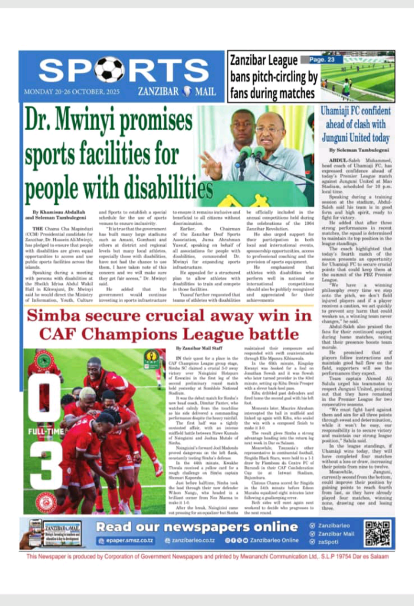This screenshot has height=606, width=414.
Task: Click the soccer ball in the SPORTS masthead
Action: coord(110,70)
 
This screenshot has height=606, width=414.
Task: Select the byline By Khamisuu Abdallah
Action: coord(58,211)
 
